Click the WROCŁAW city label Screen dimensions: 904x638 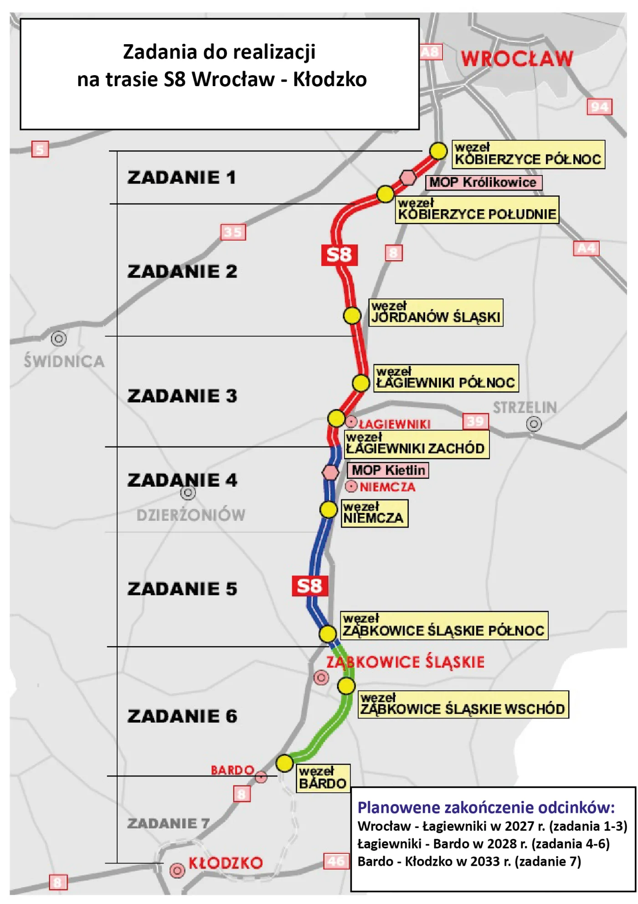tap(517, 59)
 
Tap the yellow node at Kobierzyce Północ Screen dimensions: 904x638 tap(438, 150)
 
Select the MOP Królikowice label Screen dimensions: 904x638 tap(484, 183)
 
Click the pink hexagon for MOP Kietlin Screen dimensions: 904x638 tap(330, 473)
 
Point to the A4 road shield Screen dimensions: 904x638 tap(586, 248)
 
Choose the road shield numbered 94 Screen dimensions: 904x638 tap(599, 107)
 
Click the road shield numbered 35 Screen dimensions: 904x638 tap(233, 232)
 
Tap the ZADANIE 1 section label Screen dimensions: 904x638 tap(181, 177)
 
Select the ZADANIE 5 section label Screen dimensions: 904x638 tap(182, 589)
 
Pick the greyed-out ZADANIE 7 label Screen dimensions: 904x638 tap(168, 823)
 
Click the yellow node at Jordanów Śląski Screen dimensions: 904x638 tap(352, 315)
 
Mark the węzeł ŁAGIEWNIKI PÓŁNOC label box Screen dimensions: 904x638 tap(446, 378)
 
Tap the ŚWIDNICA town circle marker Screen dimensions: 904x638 tap(59, 339)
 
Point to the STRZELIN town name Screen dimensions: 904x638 tap(525, 407)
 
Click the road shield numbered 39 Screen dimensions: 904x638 tap(475, 421)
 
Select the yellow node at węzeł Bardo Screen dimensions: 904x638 tap(284, 763)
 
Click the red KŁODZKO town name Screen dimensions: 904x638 tap(226, 863)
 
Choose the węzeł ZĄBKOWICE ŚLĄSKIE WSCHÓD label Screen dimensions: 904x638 tap(463, 704)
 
